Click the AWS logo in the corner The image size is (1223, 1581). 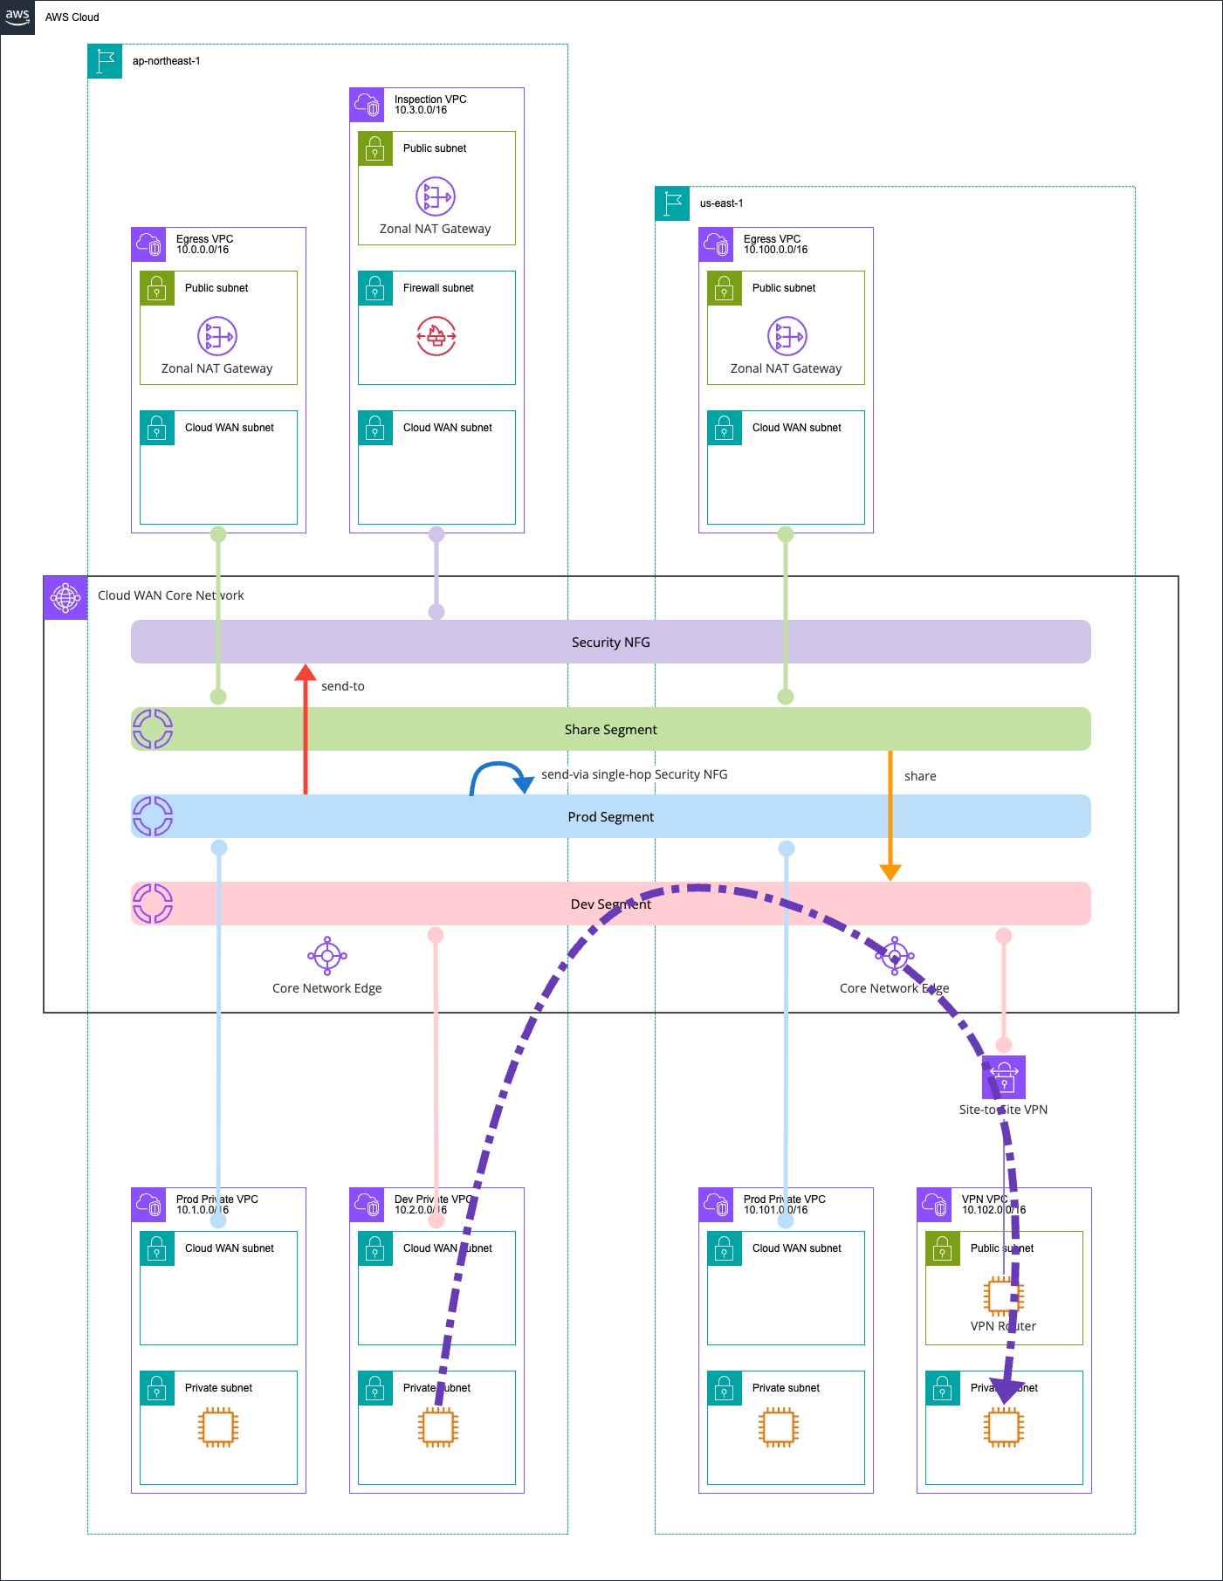[x=17, y=17]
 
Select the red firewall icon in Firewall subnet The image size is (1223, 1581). [x=436, y=336]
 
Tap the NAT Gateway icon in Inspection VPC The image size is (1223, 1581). [x=436, y=196]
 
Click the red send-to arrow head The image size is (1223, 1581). [x=306, y=673]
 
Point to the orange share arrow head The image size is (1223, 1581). [x=890, y=871]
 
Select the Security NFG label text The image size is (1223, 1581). [x=610, y=643]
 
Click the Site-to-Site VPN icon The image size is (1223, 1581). [x=1004, y=1077]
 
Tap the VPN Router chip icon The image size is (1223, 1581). [x=1003, y=1296]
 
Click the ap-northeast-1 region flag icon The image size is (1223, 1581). [x=106, y=61]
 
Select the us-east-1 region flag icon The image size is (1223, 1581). [x=673, y=203]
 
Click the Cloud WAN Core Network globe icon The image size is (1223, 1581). [x=65, y=598]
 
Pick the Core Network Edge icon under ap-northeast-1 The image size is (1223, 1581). [x=327, y=957]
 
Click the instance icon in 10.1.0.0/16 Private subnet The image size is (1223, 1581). [x=218, y=1427]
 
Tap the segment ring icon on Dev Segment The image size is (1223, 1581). [x=153, y=904]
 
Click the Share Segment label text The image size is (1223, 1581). [x=610, y=730]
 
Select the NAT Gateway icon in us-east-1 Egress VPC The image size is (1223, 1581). [x=787, y=336]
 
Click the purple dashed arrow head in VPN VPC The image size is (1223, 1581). [x=1007, y=1391]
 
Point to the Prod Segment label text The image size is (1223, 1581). [x=610, y=817]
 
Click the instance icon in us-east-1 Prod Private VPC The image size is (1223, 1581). [x=778, y=1427]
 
